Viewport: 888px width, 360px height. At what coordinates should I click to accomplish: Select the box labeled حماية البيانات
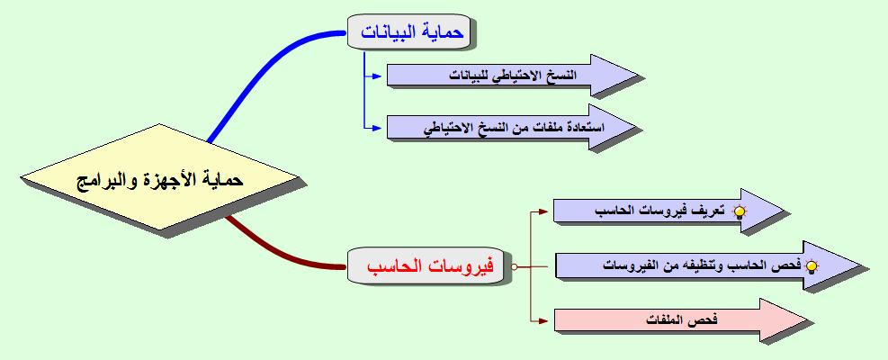(411, 33)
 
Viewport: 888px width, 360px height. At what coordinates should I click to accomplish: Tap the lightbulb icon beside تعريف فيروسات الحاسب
(741, 212)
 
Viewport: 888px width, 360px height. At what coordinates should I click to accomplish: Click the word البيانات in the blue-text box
(393, 33)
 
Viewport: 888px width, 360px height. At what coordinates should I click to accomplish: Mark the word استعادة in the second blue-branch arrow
(581, 128)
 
